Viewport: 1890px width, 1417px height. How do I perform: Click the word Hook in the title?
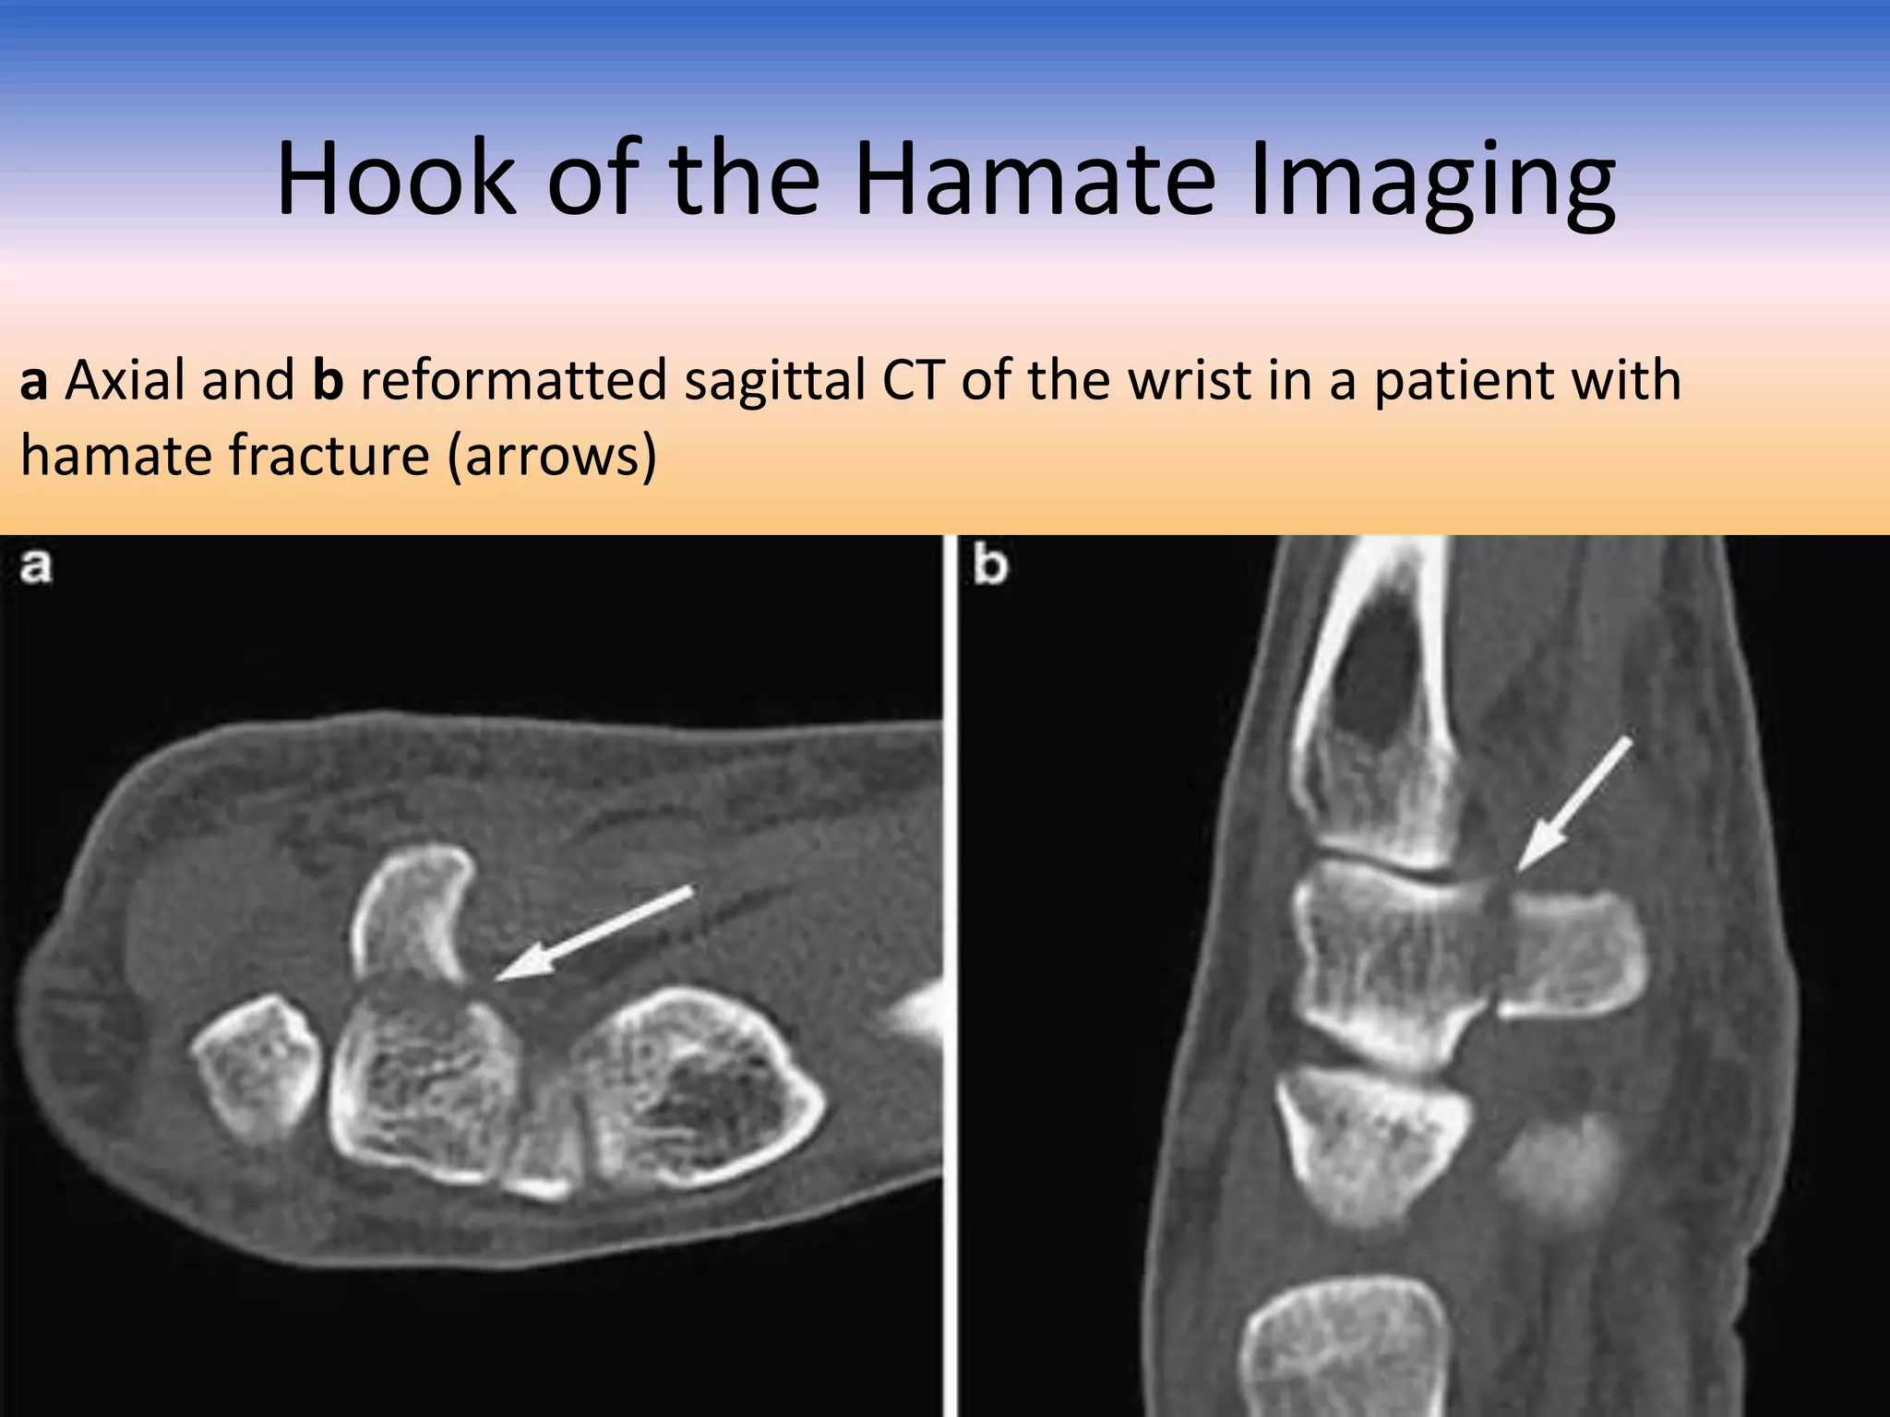tap(395, 180)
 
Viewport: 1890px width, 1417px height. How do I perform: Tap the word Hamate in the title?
tap(1035, 180)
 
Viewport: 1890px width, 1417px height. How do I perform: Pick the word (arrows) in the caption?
tap(551, 458)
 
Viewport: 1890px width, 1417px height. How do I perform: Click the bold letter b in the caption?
tap(328, 380)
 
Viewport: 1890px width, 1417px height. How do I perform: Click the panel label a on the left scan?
tap(35, 566)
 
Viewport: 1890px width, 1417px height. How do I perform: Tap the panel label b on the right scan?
tap(989, 565)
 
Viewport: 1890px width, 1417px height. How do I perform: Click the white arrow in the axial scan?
tap(595, 932)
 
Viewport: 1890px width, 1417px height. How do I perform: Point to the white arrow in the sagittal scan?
tap(1573, 804)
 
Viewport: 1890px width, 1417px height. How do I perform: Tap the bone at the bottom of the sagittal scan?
tap(1343, 1347)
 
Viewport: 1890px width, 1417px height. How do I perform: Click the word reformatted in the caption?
tap(513, 380)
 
